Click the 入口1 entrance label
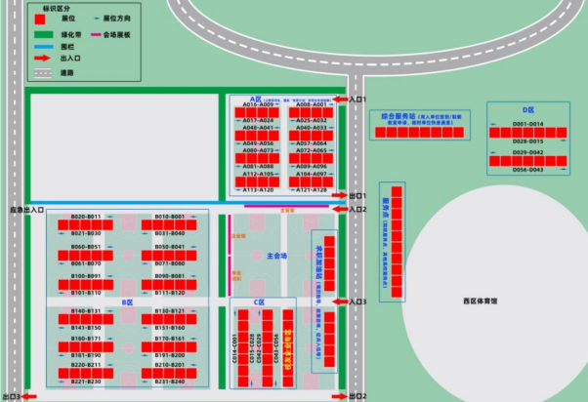(x=357, y=100)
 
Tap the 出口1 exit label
(x=357, y=196)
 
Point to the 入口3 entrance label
(x=357, y=302)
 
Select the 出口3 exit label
(x=12, y=397)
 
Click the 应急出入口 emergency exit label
(x=27, y=210)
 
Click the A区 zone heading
(x=257, y=98)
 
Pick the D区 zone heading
(x=527, y=110)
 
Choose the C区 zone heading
(x=260, y=302)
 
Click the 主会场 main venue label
(x=276, y=257)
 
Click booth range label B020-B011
(x=87, y=216)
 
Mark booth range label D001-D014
(x=527, y=124)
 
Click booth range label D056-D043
(x=527, y=170)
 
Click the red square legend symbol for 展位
(x=39, y=19)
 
